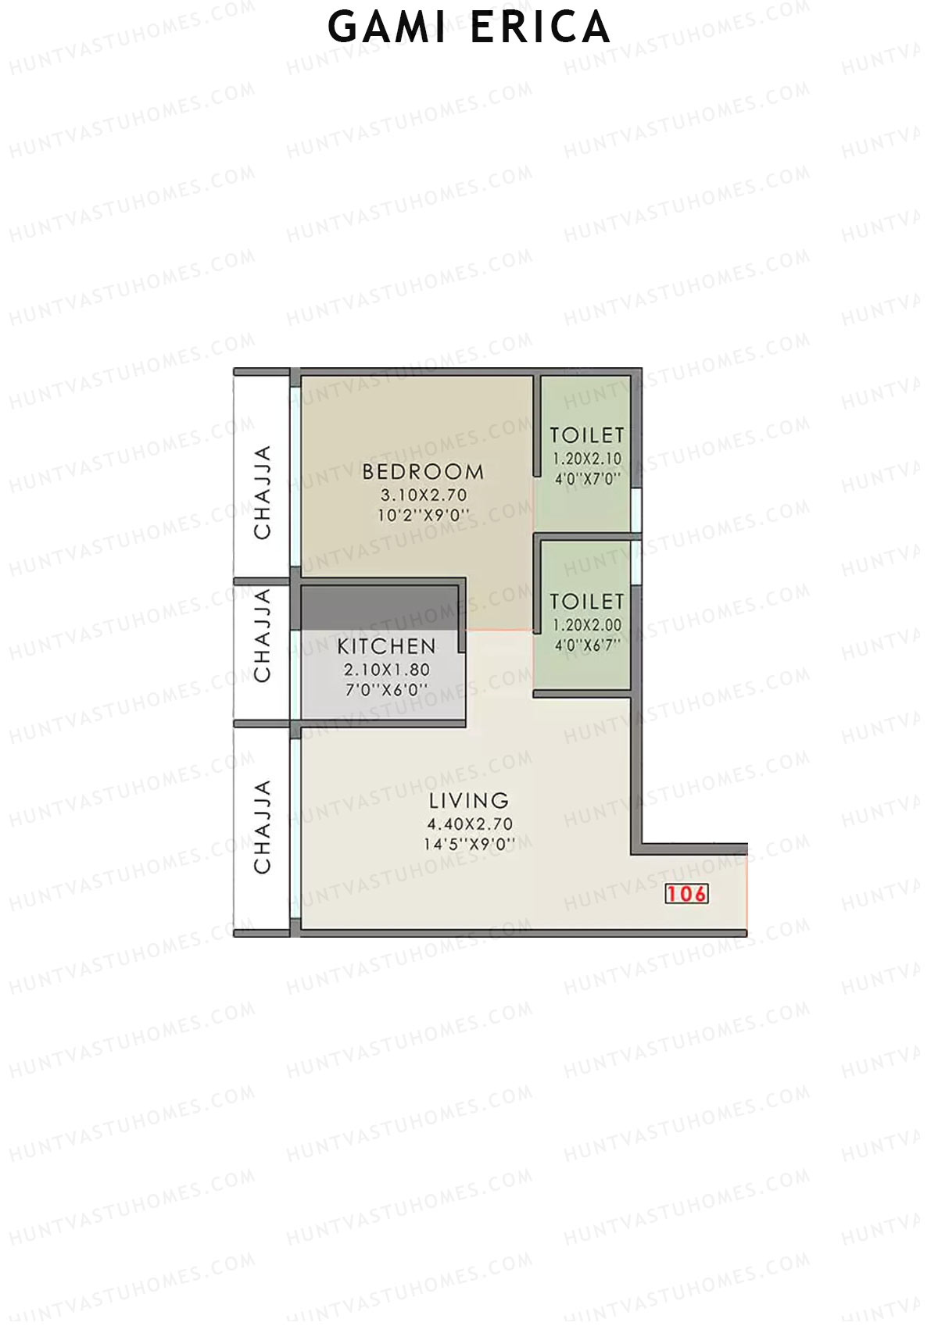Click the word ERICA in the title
point(539,27)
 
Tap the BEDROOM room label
point(423,472)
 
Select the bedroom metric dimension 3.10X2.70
point(423,495)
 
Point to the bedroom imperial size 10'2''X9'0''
point(423,516)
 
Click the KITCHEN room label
point(386,647)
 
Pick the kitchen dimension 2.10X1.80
point(386,670)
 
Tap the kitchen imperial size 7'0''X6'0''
point(386,690)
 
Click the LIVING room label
point(469,801)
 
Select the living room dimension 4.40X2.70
point(469,824)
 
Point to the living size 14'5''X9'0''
point(469,844)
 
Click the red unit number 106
point(686,894)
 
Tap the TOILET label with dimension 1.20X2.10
point(587,435)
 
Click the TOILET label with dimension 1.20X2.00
point(587,602)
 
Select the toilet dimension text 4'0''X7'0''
point(587,478)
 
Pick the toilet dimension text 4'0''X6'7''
point(587,645)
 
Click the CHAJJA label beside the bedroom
point(263,492)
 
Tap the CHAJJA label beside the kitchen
point(263,635)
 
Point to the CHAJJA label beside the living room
point(263,827)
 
